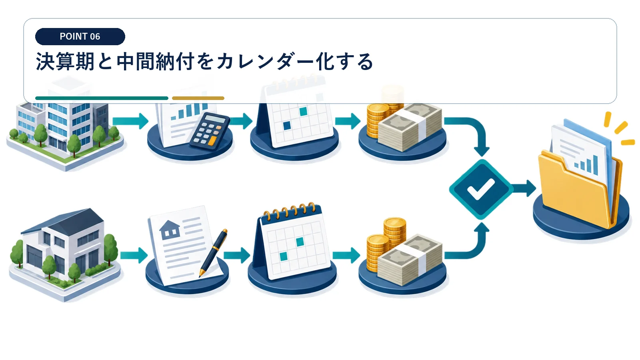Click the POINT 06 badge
(x=80, y=36)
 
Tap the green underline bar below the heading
(x=102, y=98)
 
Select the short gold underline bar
(x=198, y=98)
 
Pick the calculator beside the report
(x=210, y=132)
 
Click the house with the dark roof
(x=64, y=254)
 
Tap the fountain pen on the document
(x=214, y=253)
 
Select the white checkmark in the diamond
(x=480, y=189)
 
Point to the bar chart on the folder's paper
(x=586, y=165)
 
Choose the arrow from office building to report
(x=130, y=121)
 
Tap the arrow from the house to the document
(x=134, y=255)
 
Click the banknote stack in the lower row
(x=410, y=260)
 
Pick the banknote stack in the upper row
(x=410, y=127)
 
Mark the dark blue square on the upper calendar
(x=286, y=126)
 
